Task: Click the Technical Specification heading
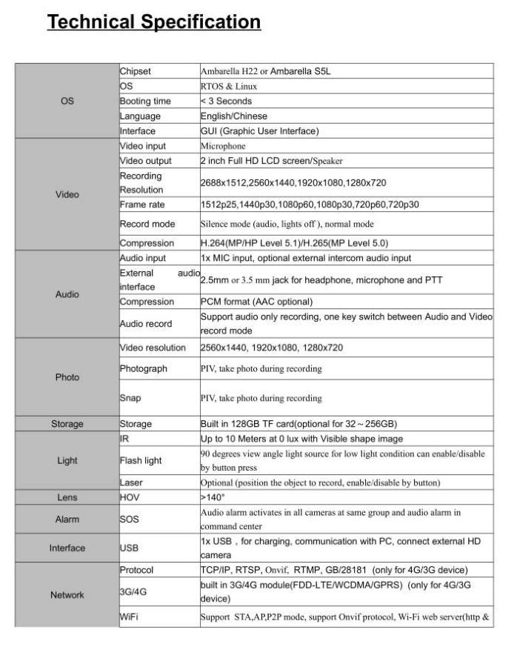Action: tap(154, 22)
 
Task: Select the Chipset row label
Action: tap(136, 72)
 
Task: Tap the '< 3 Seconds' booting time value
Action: tap(227, 102)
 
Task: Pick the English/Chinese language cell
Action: tap(234, 116)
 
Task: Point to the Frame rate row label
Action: tap(142, 205)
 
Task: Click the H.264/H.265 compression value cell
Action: tap(294, 243)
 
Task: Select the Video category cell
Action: tap(67, 195)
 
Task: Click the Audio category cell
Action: tap(67, 294)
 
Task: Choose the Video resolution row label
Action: tap(153, 348)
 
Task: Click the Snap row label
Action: tap(130, 398)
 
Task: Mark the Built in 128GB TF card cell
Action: tap(298, 424)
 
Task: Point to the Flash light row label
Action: tap(141, 460)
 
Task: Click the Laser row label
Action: tap(131, 482)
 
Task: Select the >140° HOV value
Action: tap(212, 497)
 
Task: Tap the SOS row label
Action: tap(130, 520)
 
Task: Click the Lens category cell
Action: tap(67, 497)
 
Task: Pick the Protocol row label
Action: tap(137, 570)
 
